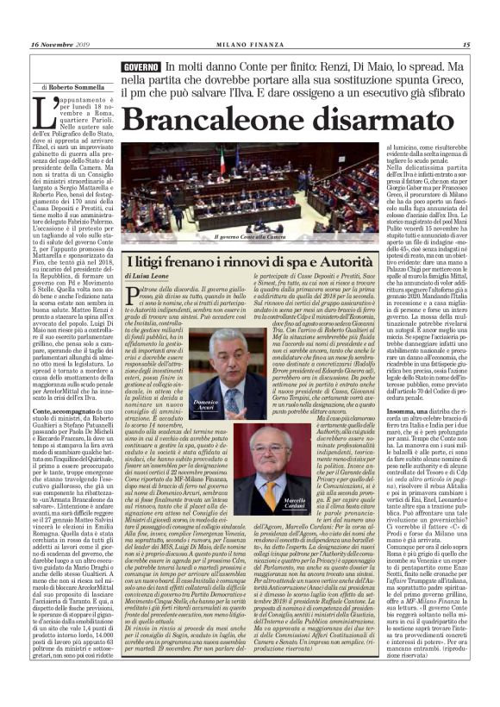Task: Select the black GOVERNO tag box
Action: (x=141, y=66)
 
